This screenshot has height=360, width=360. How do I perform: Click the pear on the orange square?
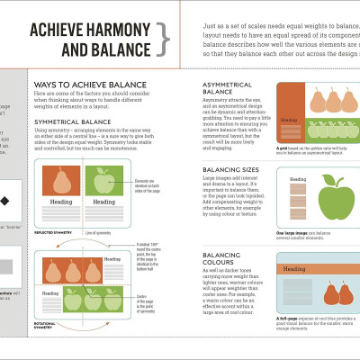62,182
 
